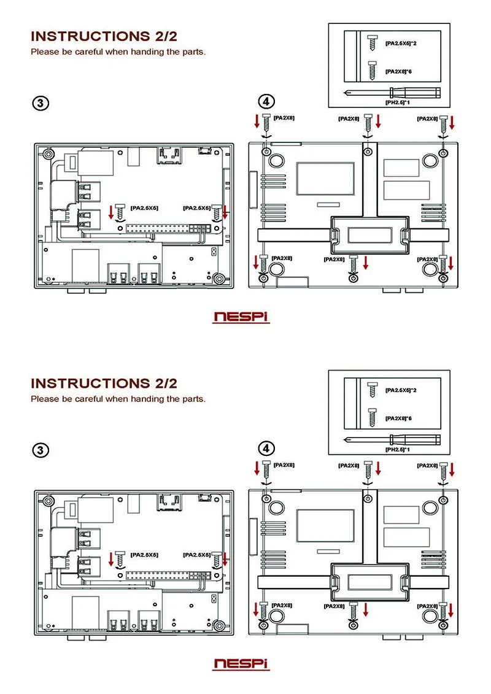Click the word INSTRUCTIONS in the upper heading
90,36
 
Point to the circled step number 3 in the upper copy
41,103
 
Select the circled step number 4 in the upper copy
266,101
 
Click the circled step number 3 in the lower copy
41,450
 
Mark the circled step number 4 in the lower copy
266,449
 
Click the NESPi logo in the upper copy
241,317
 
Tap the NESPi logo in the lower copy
241,664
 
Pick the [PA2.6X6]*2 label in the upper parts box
401,44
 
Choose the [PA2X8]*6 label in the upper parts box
398,71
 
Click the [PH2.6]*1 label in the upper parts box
398,102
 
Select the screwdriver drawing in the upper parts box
392,93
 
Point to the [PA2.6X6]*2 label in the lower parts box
401,390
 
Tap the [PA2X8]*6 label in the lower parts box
398,418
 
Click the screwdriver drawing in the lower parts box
392,439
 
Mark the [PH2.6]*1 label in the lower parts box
398,449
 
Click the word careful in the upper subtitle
89,52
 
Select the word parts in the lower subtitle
193,399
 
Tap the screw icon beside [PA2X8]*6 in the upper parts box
373,71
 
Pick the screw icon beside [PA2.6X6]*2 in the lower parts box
373,388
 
